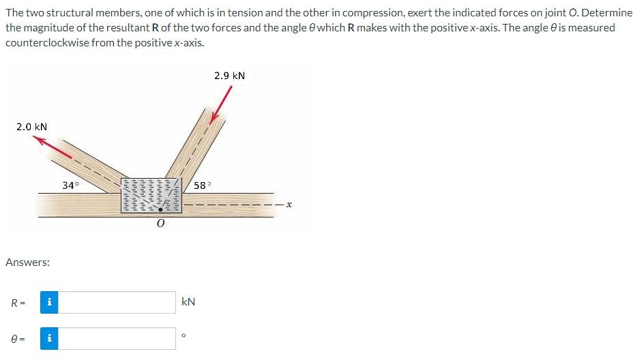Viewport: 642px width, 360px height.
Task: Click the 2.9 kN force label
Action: tap(229, 76)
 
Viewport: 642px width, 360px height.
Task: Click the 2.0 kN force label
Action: tap(31, 127)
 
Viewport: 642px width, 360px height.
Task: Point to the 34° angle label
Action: tap(70, 185)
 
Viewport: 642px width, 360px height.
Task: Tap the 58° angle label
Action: tap(202, 185)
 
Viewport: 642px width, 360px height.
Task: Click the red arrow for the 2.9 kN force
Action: tap(220, 105)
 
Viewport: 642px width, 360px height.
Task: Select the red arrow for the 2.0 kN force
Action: tap(53, 147)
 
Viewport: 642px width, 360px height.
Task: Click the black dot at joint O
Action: tap(160, 209)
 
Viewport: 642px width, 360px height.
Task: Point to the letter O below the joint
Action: tap(160, 223)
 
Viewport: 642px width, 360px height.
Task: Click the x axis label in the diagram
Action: tap(289, 204)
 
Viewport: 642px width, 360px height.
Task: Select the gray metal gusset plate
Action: tap(151, 195)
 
